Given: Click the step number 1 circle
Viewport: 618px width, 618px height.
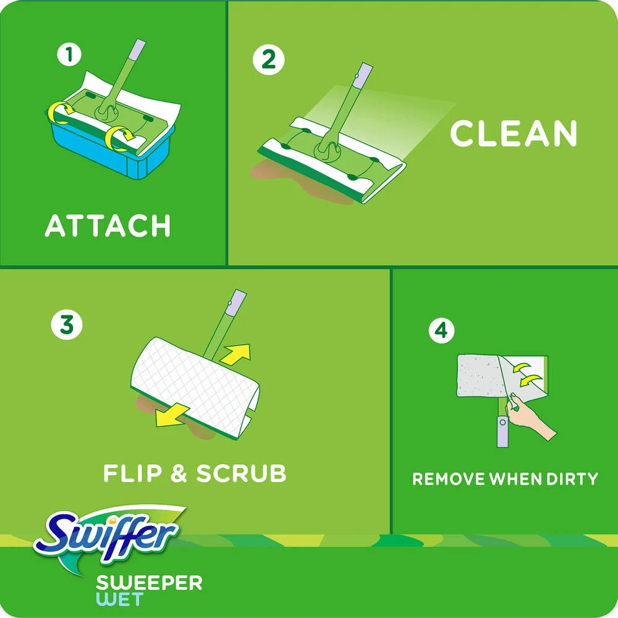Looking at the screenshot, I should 69,55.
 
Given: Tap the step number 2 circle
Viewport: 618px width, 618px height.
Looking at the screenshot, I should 269,59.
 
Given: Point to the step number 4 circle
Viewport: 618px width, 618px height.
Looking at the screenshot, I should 441,331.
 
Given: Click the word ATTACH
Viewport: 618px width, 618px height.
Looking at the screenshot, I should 108,226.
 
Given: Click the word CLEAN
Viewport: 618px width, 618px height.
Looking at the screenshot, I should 513,133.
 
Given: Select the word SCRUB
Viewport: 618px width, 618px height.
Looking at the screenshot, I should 241,474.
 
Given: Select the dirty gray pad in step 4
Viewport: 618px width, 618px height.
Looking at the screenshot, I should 479,377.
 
